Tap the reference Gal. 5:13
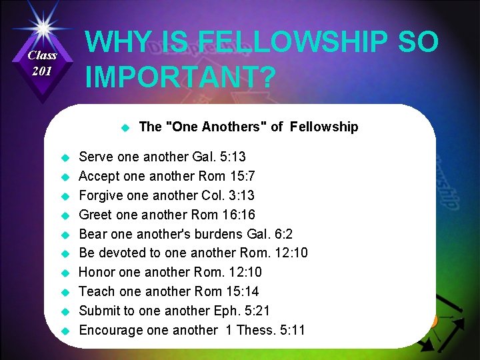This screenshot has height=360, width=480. click(219, 157)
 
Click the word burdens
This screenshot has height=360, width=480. click(217, 234)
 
